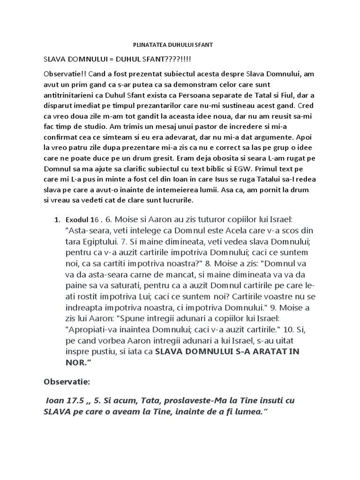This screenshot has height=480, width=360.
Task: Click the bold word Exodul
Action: point(77,219)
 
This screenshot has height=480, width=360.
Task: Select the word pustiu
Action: point(111,351)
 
